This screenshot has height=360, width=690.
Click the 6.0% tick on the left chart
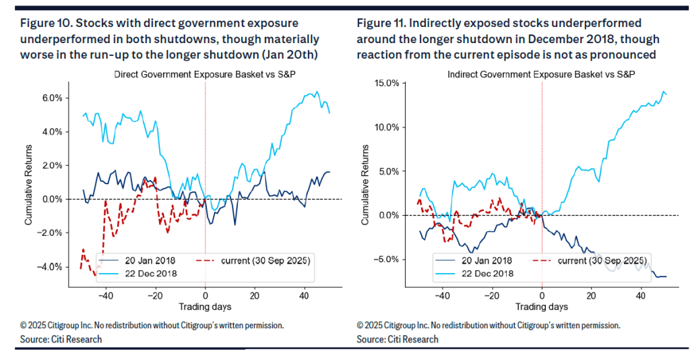[x=51, y=98]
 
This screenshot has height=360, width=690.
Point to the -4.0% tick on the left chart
[x=49, y=266]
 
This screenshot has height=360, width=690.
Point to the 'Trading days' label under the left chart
[x=205, y=307]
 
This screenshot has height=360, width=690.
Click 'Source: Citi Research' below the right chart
[x=398, y=339]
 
